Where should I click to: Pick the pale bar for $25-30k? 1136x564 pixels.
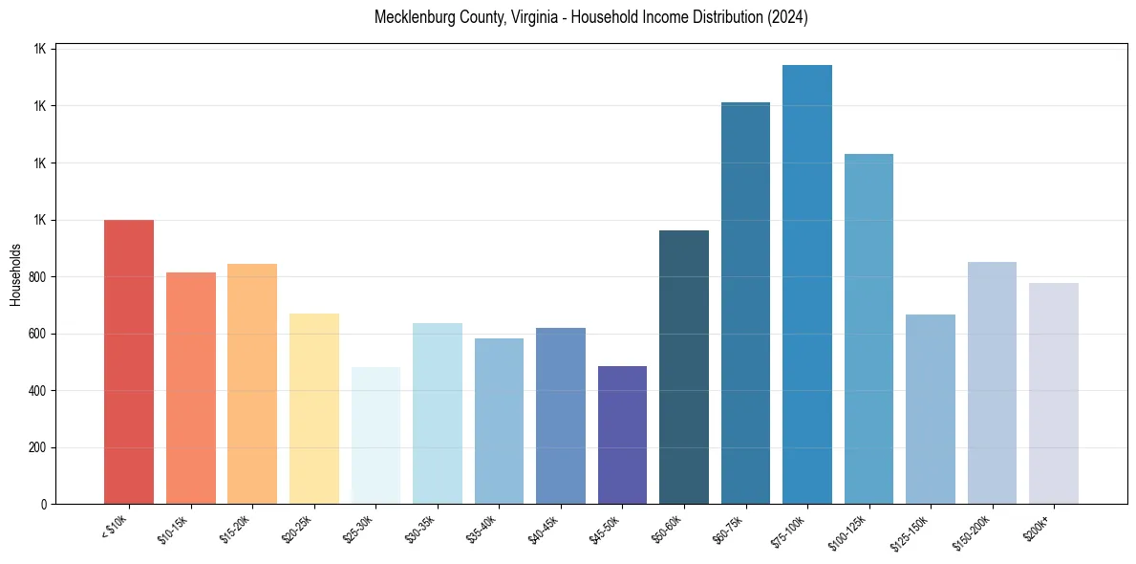point(375,435)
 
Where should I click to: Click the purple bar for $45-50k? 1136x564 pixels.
point(622,435)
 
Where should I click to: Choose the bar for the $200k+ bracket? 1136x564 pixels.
point(1054,393)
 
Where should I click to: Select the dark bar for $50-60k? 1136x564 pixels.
point(684,367)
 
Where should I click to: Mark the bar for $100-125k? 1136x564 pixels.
point(868,329)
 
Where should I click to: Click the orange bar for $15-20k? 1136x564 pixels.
point(252,383)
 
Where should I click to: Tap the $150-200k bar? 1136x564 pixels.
point(992,382)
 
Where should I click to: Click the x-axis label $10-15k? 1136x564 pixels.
point(174,529)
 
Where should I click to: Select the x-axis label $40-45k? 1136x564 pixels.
point(544,529)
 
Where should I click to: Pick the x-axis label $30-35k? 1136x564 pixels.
point(420,529)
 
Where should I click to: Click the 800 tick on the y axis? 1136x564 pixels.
point(38,277)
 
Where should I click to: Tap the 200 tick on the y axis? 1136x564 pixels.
point(38,447)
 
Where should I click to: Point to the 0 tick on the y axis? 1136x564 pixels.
point(44,504)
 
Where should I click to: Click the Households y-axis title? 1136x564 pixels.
point(15,274)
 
